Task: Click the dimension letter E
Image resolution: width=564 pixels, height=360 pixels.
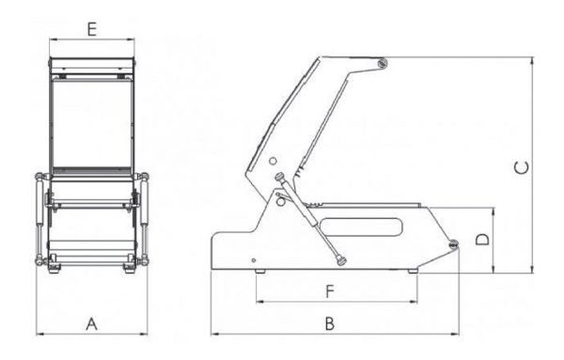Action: pos(92,29)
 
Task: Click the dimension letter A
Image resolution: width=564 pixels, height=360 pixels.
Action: pos(92,324)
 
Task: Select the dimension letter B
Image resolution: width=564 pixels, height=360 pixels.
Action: pos(330,323)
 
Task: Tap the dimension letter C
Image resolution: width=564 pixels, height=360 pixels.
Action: pos(522,168)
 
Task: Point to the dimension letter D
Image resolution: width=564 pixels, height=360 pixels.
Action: pos(482,240)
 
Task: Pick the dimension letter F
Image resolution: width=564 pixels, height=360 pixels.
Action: pos(330,291)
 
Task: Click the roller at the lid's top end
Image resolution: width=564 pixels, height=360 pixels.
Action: pos(382,64)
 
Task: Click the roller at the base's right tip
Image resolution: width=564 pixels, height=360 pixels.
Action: pos(453,244)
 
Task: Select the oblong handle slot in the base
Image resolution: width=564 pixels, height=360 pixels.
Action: pos(361,227)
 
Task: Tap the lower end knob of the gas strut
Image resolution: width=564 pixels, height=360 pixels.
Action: pos(340,260)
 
